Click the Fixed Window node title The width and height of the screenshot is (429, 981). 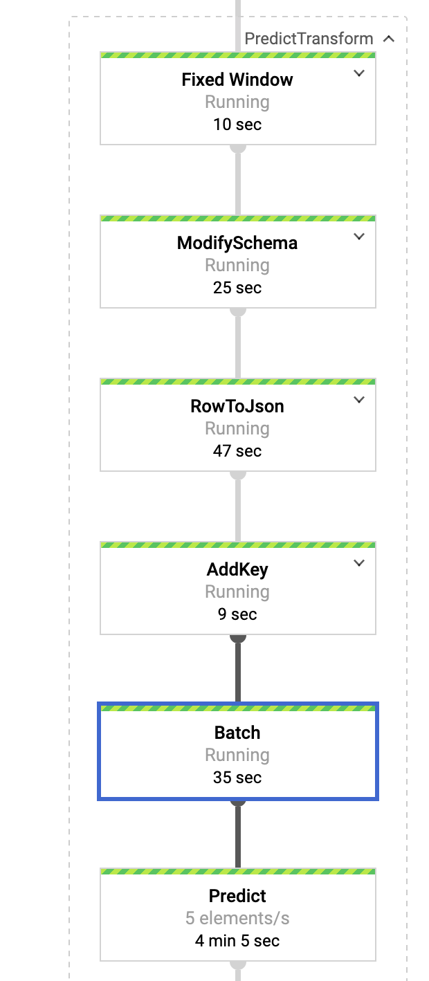(x=237, y=80)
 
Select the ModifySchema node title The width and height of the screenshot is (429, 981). (x=237, y=243)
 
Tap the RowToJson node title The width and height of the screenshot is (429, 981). (x=237, y=406)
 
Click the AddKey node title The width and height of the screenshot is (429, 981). (x=237, y=569)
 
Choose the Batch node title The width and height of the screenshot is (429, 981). (x=237, y=733)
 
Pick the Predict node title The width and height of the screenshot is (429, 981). (x=237, y=896)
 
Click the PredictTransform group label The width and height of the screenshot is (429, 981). (x=309, y=39)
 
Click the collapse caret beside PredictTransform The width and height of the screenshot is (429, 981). (x=389, y=39)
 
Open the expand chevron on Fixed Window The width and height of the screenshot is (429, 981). (x=358, y=73)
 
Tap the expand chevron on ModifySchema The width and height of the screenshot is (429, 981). (x=358, y=237)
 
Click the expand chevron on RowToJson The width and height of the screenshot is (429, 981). (x=358, y=400)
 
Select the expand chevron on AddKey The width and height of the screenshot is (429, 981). (x=358, y=563)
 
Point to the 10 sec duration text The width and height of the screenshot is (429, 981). (x=237, y=125)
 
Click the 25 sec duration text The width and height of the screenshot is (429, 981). (x=237, y=288)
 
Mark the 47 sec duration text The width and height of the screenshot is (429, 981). (x=237, y=451)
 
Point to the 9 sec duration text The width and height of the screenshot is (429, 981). (x=237, y=614)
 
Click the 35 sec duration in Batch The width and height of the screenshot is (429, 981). (x=237, y=778)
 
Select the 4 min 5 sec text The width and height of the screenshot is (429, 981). (x=237, y=941)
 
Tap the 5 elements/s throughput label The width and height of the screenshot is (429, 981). (x=237, y=919)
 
